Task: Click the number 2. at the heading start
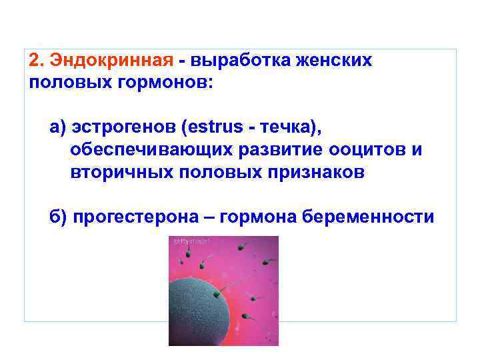(36, 61)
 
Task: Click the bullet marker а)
(58, 127)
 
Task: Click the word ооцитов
(364, 149)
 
